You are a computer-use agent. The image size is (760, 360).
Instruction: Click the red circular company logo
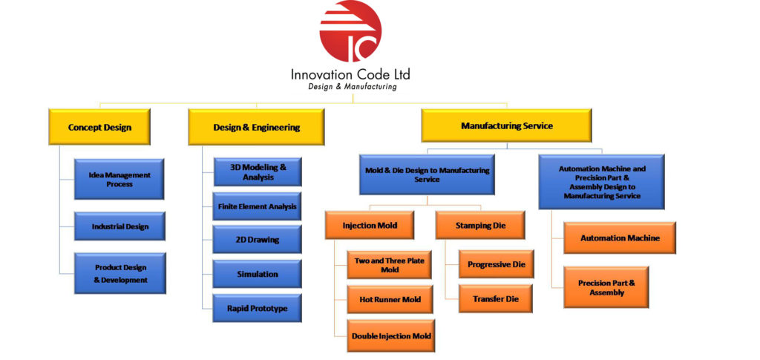[350, 31]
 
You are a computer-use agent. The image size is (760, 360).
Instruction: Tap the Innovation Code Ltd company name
[350, 74]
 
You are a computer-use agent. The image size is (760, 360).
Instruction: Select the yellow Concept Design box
[99, 127]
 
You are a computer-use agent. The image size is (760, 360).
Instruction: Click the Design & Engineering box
[256, 127]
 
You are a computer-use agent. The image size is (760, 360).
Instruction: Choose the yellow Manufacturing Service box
[506, 125]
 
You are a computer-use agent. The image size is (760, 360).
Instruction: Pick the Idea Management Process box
[119, 180]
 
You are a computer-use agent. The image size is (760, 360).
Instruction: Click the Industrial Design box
[119, 226]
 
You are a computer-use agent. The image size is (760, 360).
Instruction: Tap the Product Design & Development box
[119, 273]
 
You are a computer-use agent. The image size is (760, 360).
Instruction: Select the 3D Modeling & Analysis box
[258, 172]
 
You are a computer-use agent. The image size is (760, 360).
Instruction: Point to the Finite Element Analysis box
[258, 206]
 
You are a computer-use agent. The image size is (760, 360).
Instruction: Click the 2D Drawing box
[258, 240]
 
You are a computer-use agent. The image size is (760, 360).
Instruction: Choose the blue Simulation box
[258, 274]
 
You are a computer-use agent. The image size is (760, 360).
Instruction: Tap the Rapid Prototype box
[258, 308]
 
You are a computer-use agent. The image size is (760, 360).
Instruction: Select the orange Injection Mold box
[370, 225]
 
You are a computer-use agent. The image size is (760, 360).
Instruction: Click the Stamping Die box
[480, 225]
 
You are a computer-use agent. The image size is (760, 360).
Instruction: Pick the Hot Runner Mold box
[390, 299]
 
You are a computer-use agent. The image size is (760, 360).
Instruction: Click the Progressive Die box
[497, 264]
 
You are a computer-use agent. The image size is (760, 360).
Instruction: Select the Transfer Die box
[497, 298]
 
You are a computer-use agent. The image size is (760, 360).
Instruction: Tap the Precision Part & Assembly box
[606, 287]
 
